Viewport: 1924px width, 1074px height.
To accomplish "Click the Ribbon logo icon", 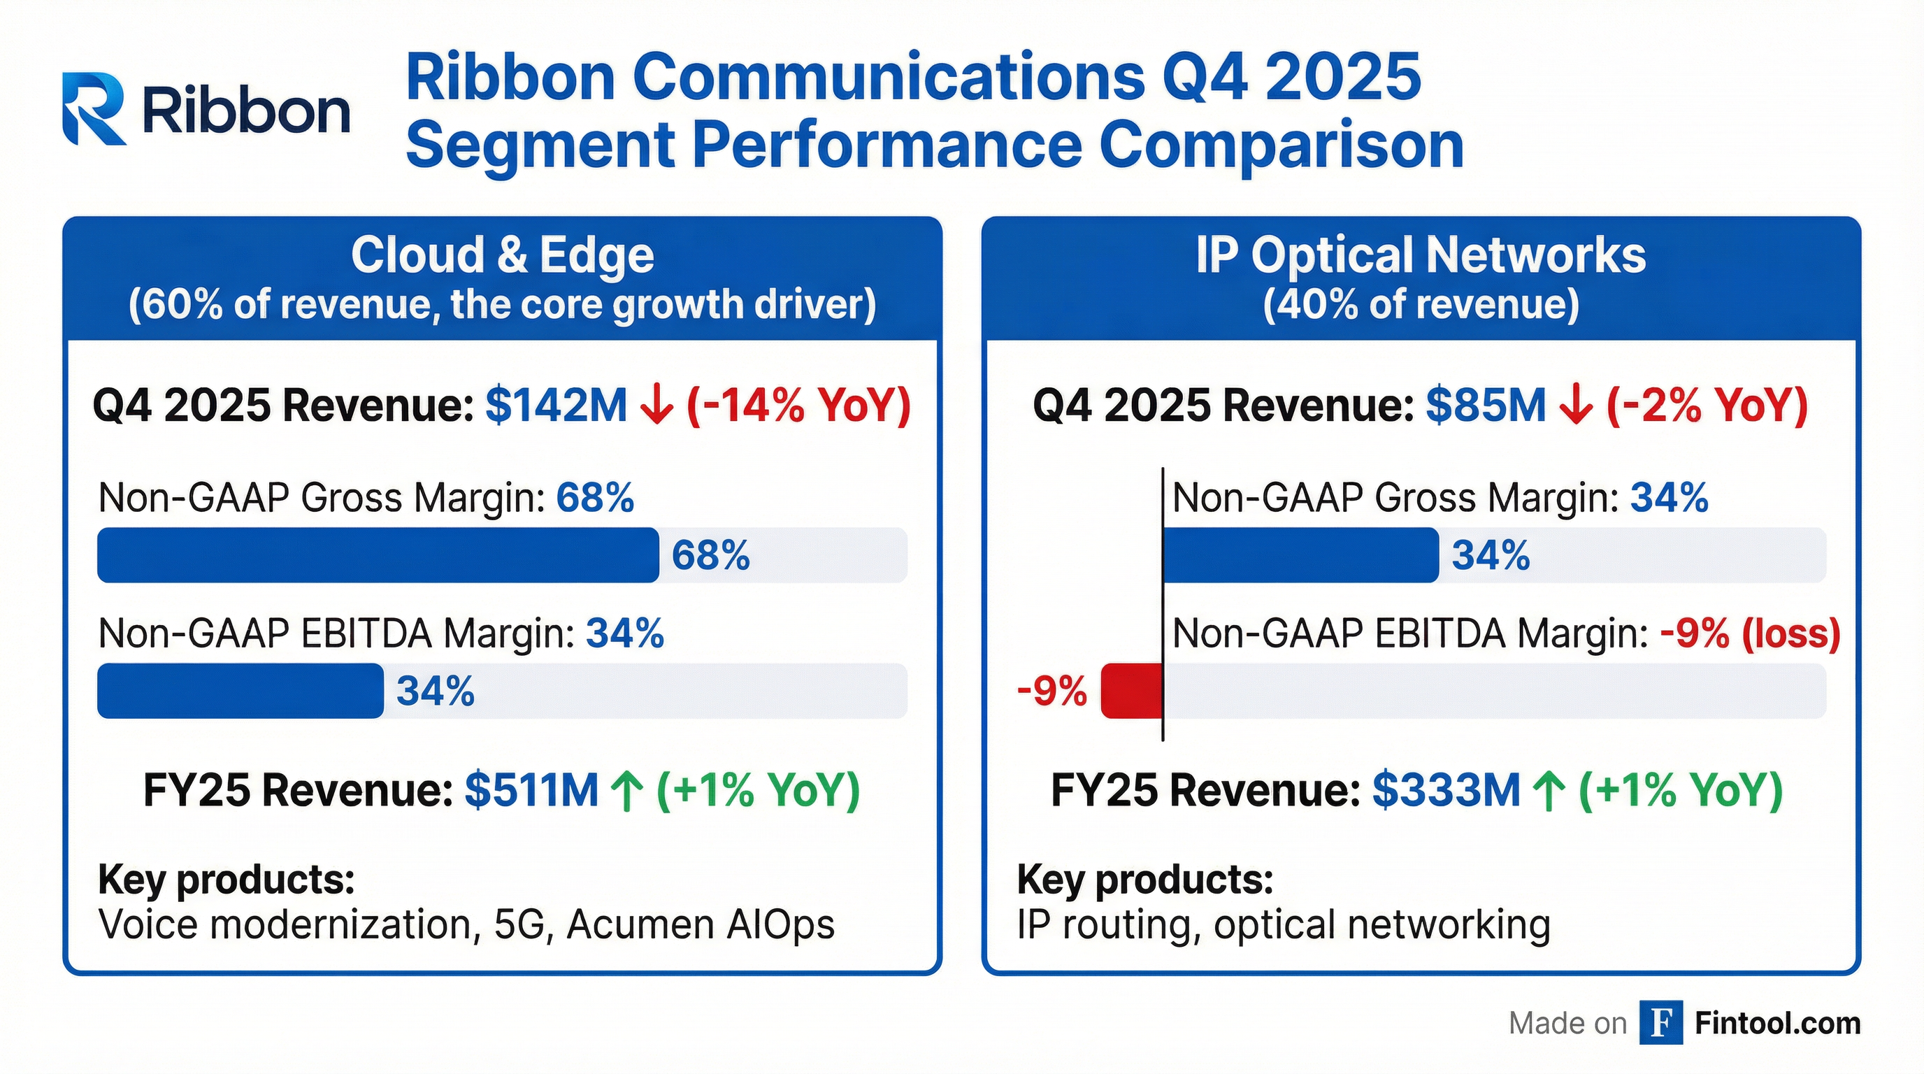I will tap(94, 108).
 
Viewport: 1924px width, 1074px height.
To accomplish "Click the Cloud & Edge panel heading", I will tap(502, 255).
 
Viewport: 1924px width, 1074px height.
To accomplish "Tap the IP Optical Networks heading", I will tap(1421, 255).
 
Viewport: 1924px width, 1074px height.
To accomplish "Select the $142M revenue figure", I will tap(556, 406).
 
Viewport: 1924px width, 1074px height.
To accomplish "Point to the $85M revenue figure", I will tap(1485, 406).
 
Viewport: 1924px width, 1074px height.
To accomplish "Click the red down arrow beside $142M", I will tap(657, 406).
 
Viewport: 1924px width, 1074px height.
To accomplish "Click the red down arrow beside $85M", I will tap(1576, 406).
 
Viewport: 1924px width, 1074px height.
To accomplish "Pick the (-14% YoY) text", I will tap(798, 406).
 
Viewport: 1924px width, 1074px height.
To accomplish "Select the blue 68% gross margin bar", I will tap(378, 555).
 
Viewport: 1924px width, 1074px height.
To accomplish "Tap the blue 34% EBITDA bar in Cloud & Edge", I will tap(240, 691).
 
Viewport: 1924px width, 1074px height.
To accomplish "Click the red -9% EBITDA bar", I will tap(1132, 691).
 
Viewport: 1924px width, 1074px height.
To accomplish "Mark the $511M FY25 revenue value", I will tap(531, 790).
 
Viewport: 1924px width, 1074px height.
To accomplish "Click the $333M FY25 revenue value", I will tap(1446, 790).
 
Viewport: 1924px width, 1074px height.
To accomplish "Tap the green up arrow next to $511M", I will tap(627, 790).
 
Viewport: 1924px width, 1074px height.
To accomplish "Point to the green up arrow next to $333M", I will tap(1549, 790).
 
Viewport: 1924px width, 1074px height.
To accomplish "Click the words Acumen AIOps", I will tap(701, 924).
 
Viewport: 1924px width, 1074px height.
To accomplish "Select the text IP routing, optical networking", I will tap(1283, 924).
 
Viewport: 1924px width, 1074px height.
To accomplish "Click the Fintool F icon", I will tap(1660, 1022).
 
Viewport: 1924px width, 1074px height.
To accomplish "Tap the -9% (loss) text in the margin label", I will tap(1749, 633).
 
